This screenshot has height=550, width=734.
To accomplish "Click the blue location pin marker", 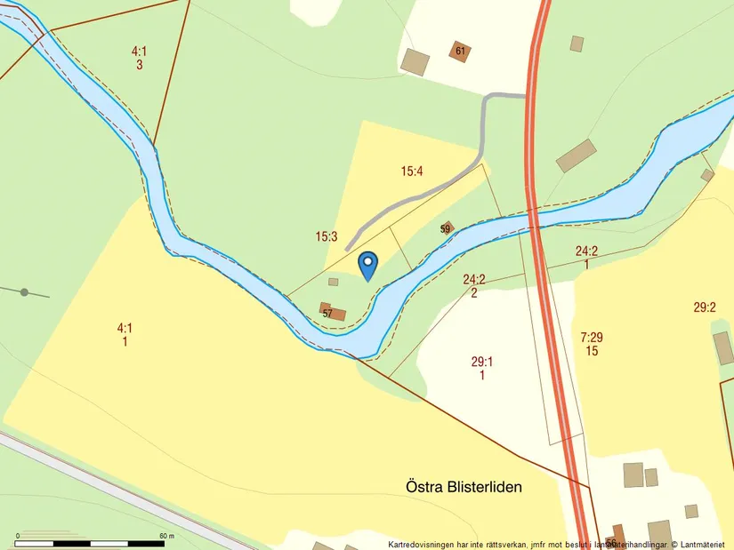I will click(x=367, y=264).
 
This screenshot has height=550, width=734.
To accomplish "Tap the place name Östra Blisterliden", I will click(x=464, y=487).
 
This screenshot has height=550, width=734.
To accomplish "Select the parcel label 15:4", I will click(x=411, y=171).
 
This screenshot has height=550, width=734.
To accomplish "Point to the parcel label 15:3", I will click(x=327, y=236).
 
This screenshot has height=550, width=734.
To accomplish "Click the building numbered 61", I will click(x=460, y=51).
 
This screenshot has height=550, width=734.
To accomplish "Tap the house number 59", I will click(x=446, y=228).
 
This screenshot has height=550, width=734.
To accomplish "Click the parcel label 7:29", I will click(x=592, y=337).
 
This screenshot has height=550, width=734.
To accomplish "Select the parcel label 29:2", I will click(x=705, y=307).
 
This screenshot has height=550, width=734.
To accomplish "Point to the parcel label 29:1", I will click(x=482, y=361).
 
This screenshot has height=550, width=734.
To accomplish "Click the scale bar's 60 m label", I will click(x=165, y=536).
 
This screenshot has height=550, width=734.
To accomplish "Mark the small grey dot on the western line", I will click(x=24, y=292).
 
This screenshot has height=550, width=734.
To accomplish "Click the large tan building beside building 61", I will click(x=415, y=61).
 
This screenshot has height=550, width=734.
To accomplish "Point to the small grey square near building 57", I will click(x=334, y=282).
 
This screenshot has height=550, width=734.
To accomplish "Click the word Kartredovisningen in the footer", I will click(x=429, y=545).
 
